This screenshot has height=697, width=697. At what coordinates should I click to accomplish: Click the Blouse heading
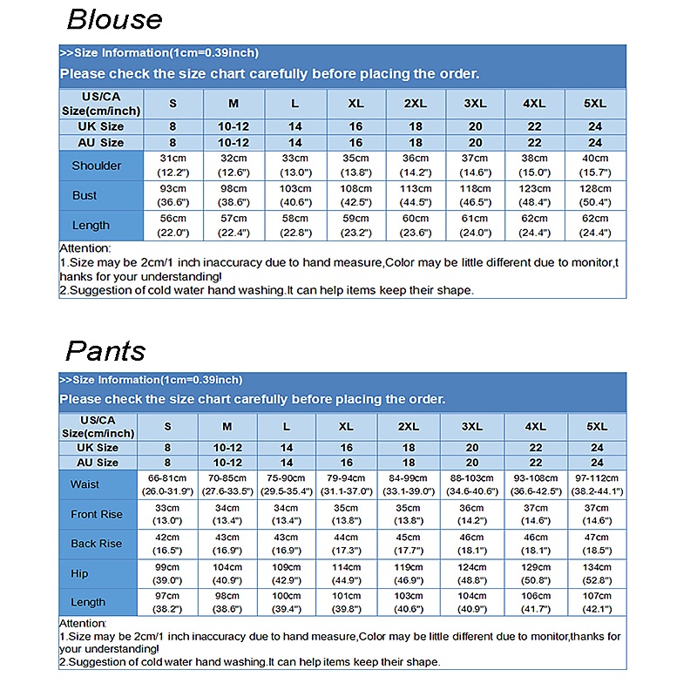pos(114,19)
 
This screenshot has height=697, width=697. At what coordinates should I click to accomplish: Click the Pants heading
pos(105,350)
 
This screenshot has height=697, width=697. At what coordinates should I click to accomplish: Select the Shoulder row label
pos(97,166)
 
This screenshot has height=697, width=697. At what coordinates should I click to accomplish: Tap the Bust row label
pos(85,195)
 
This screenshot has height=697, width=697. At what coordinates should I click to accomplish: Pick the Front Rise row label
pos(97,514)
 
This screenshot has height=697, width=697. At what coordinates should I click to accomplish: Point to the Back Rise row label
pos(97,544)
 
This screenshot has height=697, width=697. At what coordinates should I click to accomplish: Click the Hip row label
pos(80,573)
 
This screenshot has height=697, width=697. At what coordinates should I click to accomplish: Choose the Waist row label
pos(85,484)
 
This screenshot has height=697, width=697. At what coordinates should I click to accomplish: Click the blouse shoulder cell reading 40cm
pos(595,166)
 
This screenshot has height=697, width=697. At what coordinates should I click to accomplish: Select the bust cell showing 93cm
pos(173,195)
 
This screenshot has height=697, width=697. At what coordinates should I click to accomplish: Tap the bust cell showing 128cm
pos(595,195)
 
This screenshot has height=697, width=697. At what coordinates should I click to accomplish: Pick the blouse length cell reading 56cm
pos(173,225)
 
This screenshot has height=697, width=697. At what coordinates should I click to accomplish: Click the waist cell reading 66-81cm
pos(167,484)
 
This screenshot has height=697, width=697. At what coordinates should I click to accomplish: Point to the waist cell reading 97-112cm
pos(597,484)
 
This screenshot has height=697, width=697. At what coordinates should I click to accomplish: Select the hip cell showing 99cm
pos(167,573)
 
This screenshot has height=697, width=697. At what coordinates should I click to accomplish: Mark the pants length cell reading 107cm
pos(597,602)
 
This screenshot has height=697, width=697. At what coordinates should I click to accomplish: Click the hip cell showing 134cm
pos(597,573)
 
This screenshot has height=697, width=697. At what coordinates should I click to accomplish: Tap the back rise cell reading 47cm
pos(597,544)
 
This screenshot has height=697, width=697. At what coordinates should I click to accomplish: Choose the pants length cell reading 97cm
pos(167,602)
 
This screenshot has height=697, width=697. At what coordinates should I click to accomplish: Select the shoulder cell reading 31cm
pos(173,166)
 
